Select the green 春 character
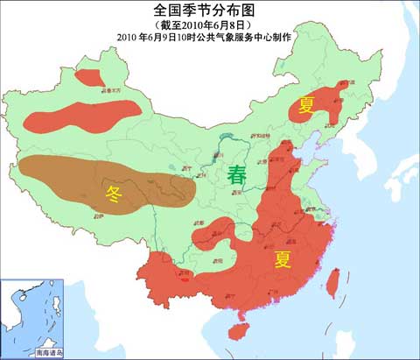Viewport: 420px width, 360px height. click(237, 173)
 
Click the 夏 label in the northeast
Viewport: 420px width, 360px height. click(305, 106)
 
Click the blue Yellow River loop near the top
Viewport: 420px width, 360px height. click(229, 140)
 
